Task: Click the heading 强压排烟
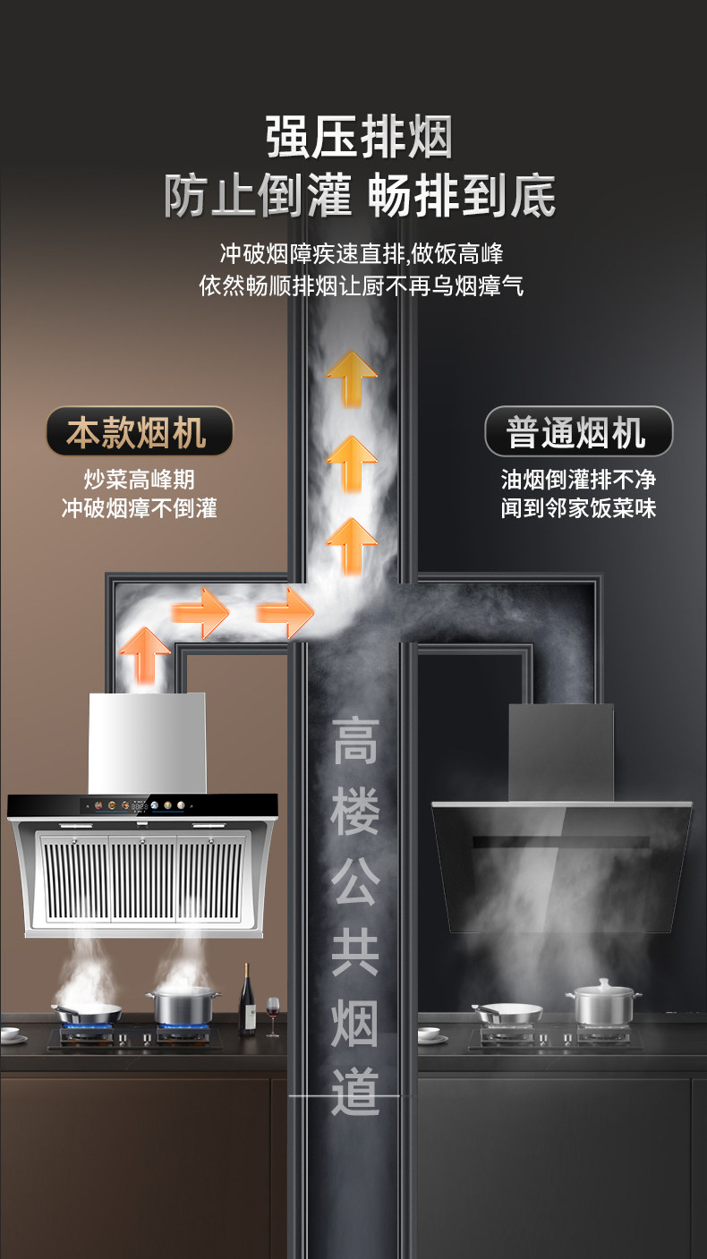click(x=359, y=138)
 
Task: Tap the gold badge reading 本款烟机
click(x=138, y=432)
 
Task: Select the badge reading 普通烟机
click(x=578, y=432)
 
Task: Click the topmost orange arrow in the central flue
click(x=351, y=377)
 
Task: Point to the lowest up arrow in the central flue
click(x=351, y=544)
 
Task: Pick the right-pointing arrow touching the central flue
click(x=285, y=613)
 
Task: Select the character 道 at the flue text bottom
click(x=355, y=1091)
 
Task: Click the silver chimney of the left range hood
click(x=148, y=743)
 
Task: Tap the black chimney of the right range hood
click(x=561, y=752)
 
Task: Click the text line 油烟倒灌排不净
click(x=578, y=480)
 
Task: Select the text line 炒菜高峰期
click(x=138, y=480)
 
